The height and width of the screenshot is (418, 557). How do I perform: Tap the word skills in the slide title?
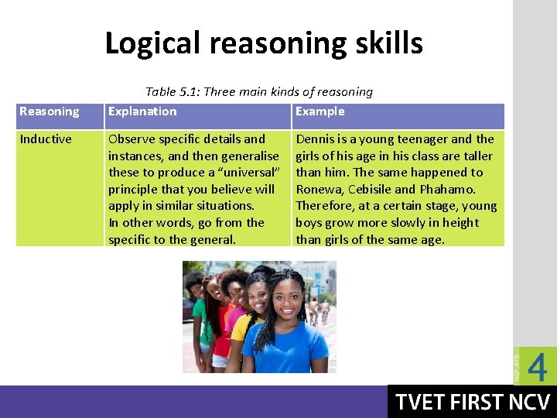(388, 43)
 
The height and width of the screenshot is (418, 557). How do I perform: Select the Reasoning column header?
(49, 111)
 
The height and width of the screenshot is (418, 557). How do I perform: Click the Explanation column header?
(142, 111)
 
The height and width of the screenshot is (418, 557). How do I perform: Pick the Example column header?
(320, 111)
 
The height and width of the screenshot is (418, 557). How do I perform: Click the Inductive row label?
(46, 139)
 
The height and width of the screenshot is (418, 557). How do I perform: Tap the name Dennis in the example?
(316, 139)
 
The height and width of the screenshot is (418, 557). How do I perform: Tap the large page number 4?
(537, 367)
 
